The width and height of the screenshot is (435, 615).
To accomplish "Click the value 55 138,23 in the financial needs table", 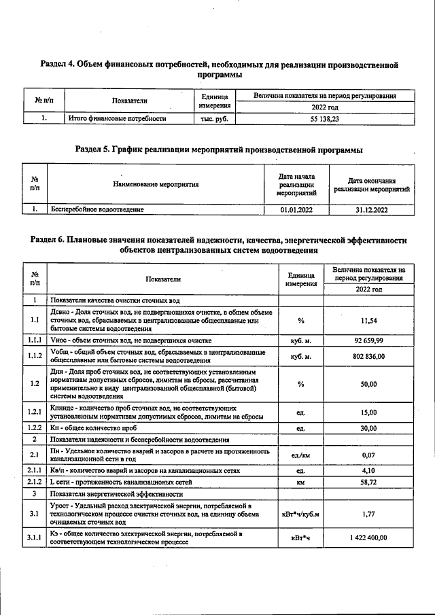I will (324, 118).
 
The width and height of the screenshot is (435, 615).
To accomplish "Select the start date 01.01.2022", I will (296, 211).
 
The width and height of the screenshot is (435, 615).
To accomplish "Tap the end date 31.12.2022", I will (371, 211).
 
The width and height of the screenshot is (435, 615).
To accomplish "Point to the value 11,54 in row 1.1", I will (368, 320).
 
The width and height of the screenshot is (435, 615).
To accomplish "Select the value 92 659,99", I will (368, 340).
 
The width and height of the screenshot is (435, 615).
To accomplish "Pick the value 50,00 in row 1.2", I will (368, 384).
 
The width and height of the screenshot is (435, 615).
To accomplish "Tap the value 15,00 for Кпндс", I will (368, 412).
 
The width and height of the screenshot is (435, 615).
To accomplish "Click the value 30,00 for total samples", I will (368, 429).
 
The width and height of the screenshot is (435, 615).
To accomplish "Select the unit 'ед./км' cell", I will (300, 455).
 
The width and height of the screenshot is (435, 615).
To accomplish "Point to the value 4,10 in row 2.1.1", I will (368, 470).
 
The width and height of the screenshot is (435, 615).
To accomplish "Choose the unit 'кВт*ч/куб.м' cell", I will (300, 514).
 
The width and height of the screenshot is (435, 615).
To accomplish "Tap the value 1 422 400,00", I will (368, 538).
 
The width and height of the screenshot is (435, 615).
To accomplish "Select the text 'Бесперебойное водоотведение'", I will (97, 211).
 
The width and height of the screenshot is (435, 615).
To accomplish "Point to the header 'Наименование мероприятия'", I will (156, 184).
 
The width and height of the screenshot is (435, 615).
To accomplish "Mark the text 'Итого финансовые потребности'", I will (118, 118).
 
